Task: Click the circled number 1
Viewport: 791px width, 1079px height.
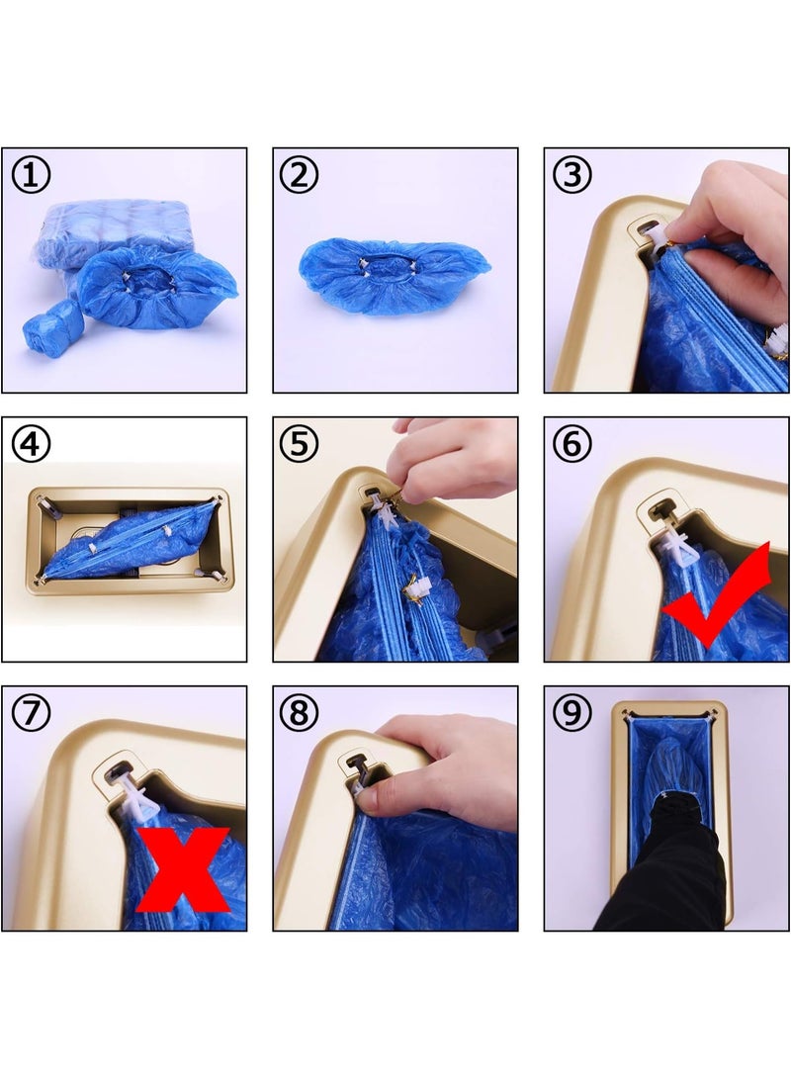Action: click(x=31, y=176)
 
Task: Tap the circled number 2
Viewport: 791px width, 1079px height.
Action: click(x=300, y=176)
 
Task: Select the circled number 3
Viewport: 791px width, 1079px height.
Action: click(x=571, y=176)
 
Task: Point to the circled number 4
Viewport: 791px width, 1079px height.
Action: click(x=31, y=444)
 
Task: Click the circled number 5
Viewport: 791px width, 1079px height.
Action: click(x=300, y=444)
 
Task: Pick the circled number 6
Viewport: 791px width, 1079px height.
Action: click(x=571, y=444)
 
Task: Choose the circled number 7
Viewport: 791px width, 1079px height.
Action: click(x=31, y=713)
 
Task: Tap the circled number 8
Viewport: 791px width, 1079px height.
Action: click(x=300, y=713)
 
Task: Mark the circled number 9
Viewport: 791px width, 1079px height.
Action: click(x=571, y=713)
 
